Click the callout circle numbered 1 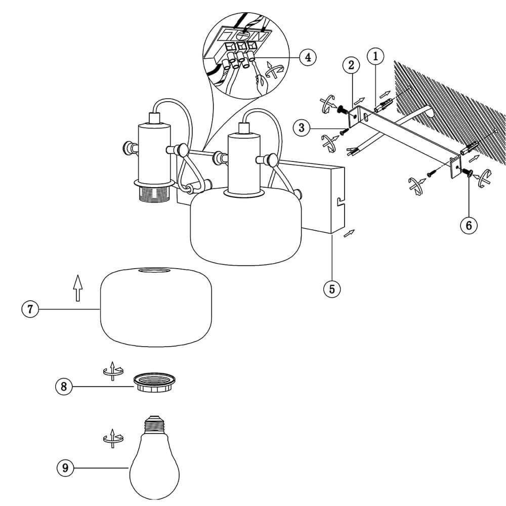click(x=375, y=56)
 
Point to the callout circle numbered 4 click(x=307, y=57)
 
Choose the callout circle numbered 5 click(x=332, y=289)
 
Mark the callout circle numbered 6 click(x=469, y=225)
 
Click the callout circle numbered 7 click(x=30, y=309)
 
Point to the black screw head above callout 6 click(x=468, y=174)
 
